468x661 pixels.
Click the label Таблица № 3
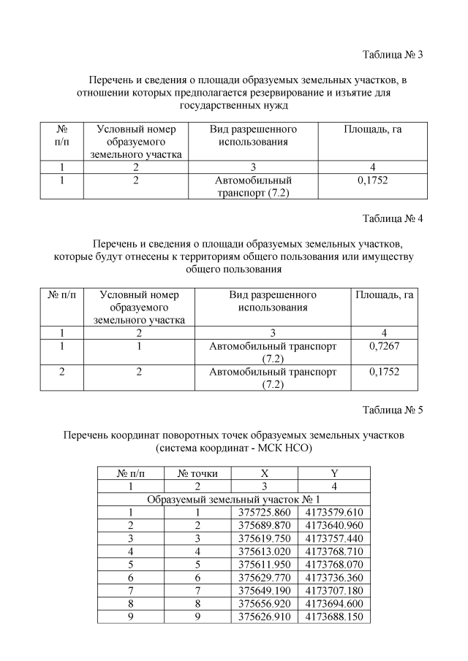click(x=393, y=55)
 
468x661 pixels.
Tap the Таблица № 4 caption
click(x=393, y=218)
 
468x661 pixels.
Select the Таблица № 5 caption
click(x=393, y=409)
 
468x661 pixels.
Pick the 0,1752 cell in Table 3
click(x=373, y=180)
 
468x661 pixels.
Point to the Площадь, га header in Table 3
click(x=373, y=129)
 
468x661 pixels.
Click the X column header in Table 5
click(x=264, y=474)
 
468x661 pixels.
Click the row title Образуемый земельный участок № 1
click(x=234, y=499)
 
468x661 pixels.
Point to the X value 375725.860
click(x=264, y=512)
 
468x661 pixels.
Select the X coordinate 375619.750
click(x=264, y=538)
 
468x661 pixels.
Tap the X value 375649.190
click(x=264, y=589)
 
